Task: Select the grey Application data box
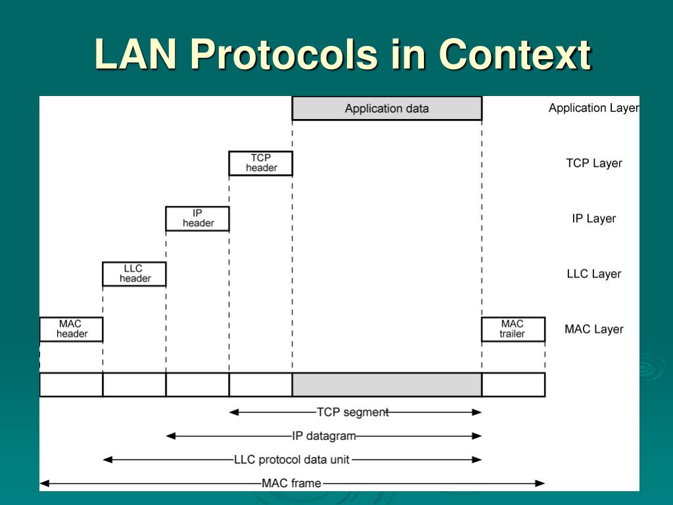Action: [x=386, y=108]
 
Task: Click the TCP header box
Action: [x=261, y=163]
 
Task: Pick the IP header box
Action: [x=198, y=218]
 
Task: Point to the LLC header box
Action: [x=135, y=274]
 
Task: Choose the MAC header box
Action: [x=71, y=329]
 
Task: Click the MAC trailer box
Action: [x=513, y=329]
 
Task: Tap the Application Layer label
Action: [x=593, y=108]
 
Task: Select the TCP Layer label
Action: [x=593, y=163]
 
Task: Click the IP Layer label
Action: [x=593, y=218]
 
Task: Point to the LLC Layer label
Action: [x=593, y=274]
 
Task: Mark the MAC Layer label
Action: [x=593, y=329]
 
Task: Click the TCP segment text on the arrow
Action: [x=353, y=412]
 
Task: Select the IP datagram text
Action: [x=324, y=435]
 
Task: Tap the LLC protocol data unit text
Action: [x=292, y=460]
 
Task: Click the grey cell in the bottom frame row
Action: [x=386, y=385]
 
